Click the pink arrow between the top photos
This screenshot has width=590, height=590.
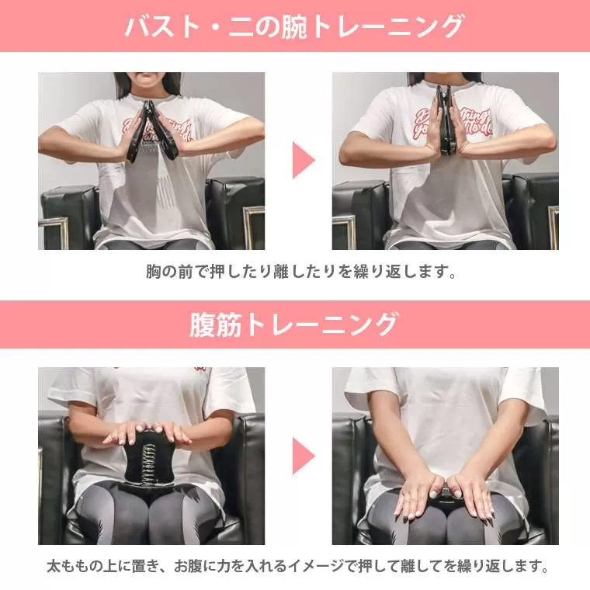(x=303, y=160)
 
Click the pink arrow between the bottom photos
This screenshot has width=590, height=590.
(x=303, y=456)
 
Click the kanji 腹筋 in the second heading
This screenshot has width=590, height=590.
(x=215, y=324)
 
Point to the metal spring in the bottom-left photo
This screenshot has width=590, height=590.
(x=149, y=463)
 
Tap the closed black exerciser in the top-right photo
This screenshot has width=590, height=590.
(x=446, y=120)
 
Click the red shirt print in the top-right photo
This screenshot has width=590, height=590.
(x=453, y=123)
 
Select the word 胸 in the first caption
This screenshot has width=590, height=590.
(x=154, y=271)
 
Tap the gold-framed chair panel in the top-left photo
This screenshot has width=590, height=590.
(x=54, y=234)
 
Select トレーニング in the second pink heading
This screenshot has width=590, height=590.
(x=320, y=324)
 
